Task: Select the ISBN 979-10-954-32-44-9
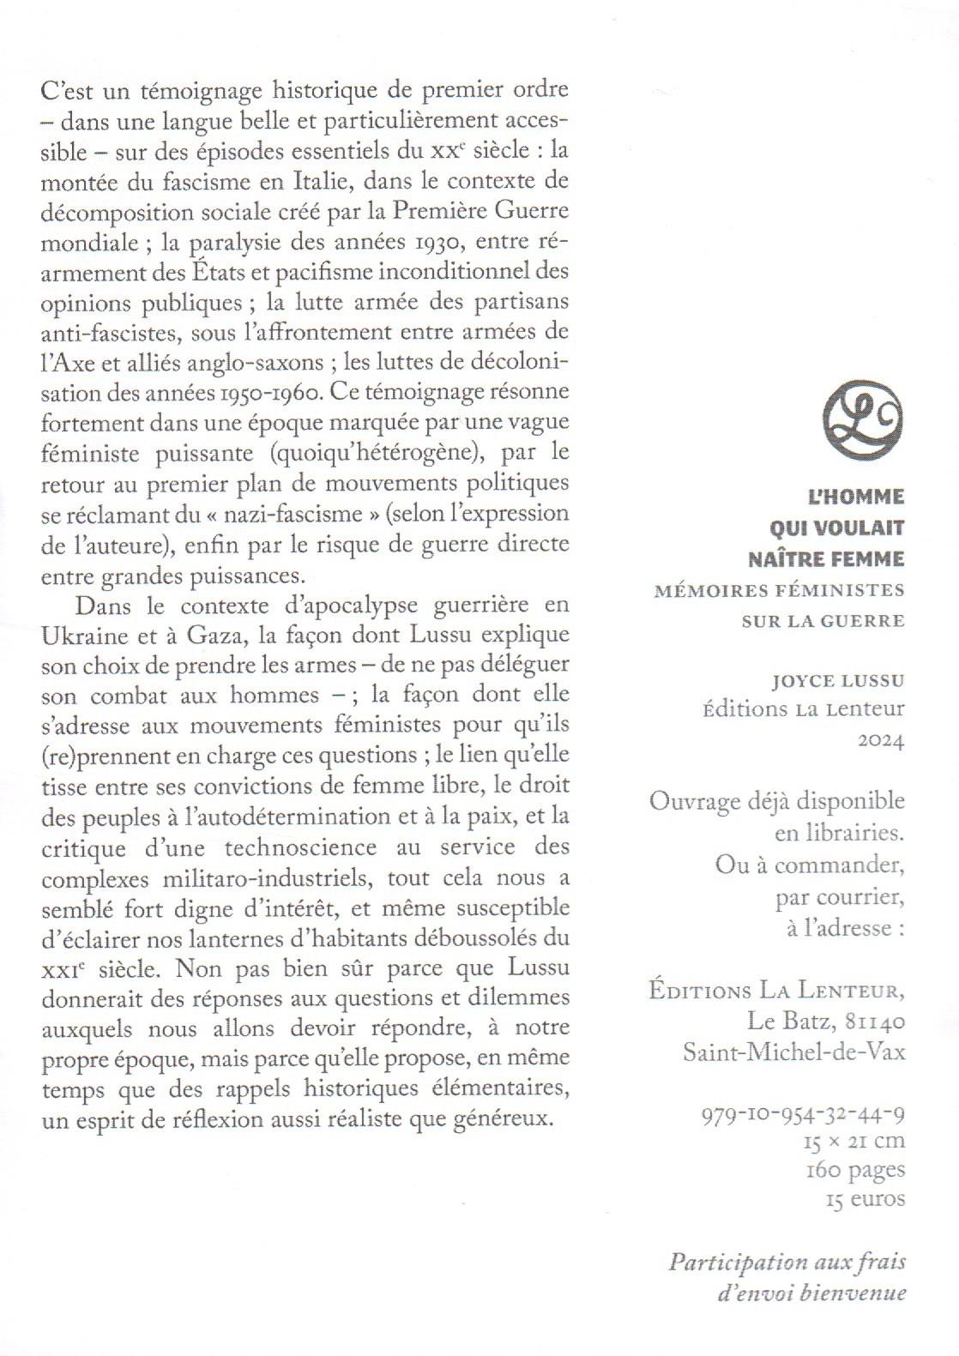tap(804, 1114)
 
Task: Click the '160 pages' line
tap(855, 1170)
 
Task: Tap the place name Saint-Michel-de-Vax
tap(794, 1052)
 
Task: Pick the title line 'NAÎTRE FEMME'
tap(826, 559)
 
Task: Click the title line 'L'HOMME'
tap(856, 497)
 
